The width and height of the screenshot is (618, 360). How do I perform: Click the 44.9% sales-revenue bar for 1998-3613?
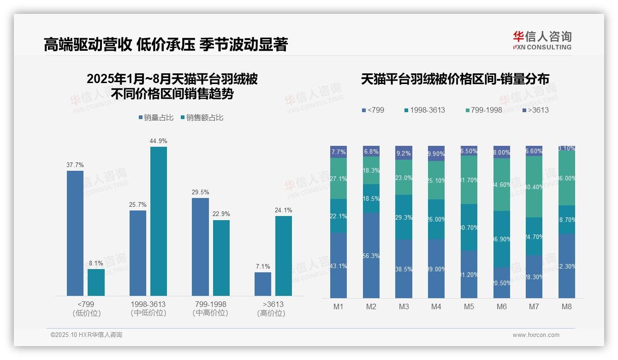[159, 221]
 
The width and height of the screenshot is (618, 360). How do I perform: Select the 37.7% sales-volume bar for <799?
[75, 233]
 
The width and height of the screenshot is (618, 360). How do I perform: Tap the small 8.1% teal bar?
[96, 282]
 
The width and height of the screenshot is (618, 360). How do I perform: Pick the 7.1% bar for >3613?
[263, 284]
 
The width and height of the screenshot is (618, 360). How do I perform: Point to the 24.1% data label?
[283, 210]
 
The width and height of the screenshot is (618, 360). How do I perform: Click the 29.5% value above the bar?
[200, 192]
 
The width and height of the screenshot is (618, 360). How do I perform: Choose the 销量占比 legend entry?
[156, 118]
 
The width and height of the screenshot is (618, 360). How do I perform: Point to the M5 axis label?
[469, 306]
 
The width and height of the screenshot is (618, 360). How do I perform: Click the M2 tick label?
[371, 306]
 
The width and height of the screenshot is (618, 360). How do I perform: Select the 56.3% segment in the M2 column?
[371, 255]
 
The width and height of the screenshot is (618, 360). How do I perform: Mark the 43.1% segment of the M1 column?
[339, 265]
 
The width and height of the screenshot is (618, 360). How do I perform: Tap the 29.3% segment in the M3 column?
[404, 217]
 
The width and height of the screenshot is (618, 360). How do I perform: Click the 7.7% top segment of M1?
[339, 152]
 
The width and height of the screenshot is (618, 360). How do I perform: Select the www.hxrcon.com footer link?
[535, 335]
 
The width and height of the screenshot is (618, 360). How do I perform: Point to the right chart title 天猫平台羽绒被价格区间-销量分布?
[455, 79]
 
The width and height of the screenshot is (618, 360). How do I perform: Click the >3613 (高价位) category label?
[273, 309]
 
